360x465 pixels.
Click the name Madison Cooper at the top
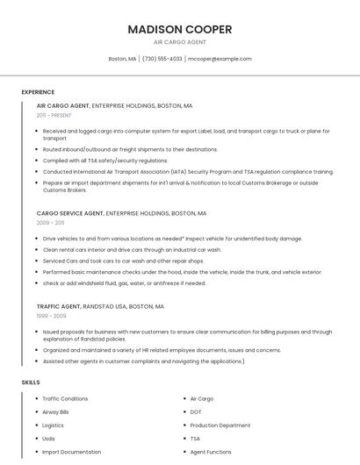click(x=180, y=29)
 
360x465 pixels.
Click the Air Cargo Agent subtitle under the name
click(x=180, y=42)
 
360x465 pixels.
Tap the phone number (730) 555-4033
click(x=162, y=59)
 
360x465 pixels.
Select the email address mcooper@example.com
click(x=220, y=59)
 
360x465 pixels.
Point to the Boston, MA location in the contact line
click(x=122, y=59)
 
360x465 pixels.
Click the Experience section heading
click(x=38, y=92)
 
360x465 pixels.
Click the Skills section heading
click(x=31, y=383)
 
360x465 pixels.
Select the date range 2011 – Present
click(x=54, y=115)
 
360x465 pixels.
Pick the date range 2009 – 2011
click(x=50, y=223)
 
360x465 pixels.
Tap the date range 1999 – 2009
click(x=51, y=316)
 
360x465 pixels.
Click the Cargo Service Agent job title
click(x=70, y=213)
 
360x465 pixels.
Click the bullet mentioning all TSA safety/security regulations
click(x=105, y=161)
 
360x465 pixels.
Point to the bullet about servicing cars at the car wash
click(x=123, y=261)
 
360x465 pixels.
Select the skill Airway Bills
click(x=55, y=411)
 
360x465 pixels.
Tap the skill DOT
click(x=196, y=411)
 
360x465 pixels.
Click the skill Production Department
click(x=220, y=425)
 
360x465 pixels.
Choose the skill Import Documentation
click(x=71, y=452)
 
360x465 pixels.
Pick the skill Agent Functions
click(x=211, y=452)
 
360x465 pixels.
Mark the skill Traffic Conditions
click(x=65, y=398)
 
